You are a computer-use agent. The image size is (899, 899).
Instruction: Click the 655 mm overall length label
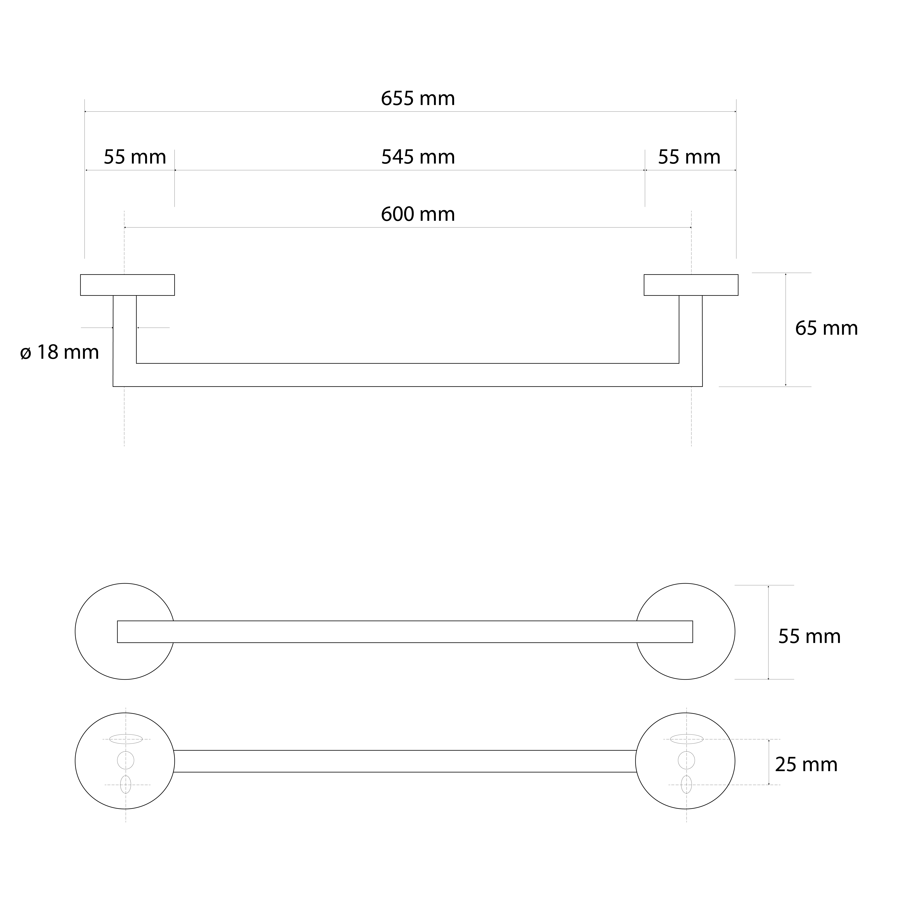click(x=418, y=99)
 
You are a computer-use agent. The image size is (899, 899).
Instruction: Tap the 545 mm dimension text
click(x=418, y=157)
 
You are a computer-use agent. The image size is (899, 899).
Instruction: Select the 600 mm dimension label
click(x=418, y=214)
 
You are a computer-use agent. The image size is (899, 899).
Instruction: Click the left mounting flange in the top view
click(x=127, y=285)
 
